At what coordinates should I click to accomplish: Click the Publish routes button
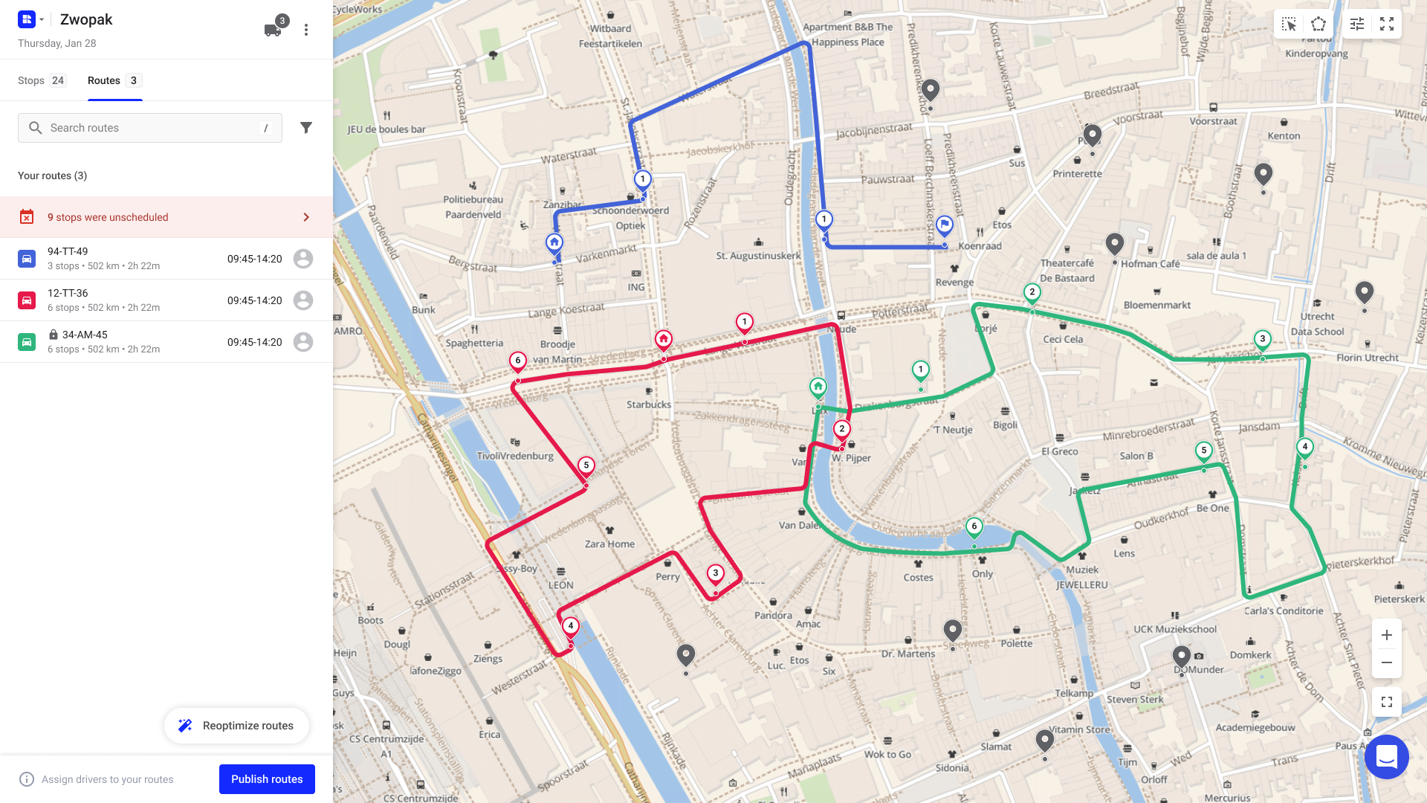(267, 778)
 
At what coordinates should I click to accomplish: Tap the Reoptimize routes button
(236, 726)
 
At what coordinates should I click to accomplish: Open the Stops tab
(42, 80)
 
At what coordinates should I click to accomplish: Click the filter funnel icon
(305, 128)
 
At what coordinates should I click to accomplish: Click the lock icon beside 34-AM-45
(54, 335)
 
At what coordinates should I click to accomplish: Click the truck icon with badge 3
(273, 30)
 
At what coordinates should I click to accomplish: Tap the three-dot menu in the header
(306, 30)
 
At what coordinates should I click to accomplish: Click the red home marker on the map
(664, 340)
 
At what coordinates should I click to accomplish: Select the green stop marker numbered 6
(974, 526)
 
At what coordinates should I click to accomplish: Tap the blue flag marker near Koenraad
(945, 225)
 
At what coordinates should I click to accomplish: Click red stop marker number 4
(571, 626)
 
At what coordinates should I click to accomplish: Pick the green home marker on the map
(818, 387)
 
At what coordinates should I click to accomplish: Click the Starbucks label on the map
(649, 404)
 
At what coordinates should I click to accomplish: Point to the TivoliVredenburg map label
(515, 456)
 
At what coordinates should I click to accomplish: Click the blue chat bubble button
(1387, 757)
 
